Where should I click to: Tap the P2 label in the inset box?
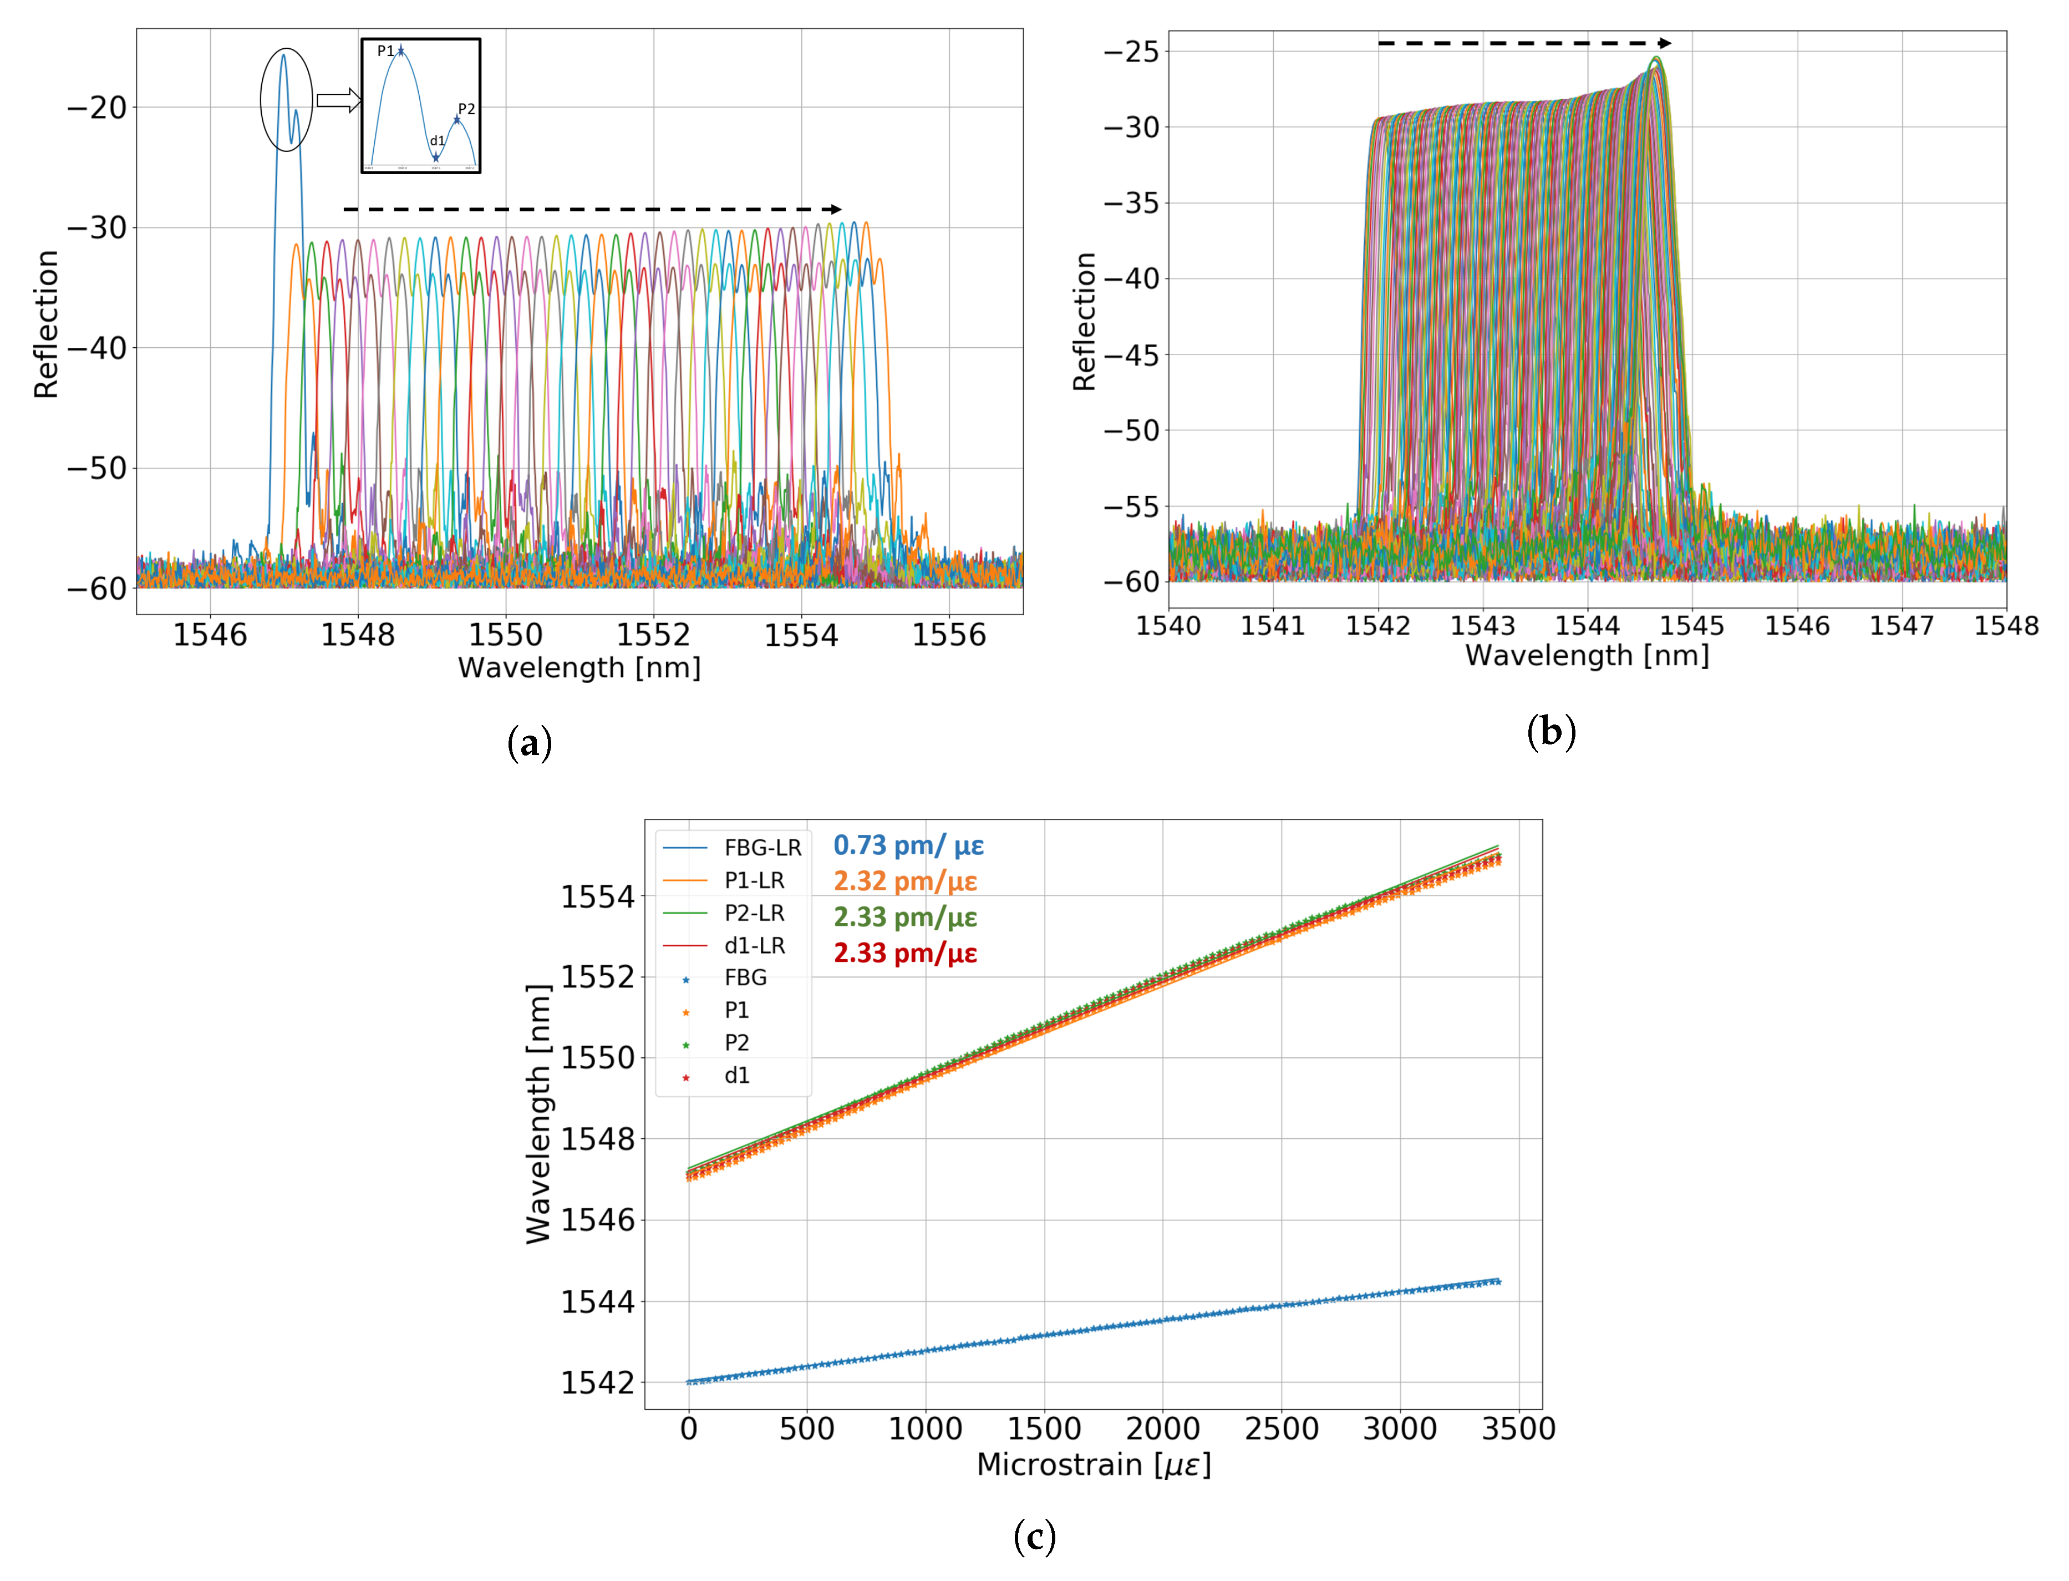point(466,109)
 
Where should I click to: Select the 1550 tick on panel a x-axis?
point(505,635)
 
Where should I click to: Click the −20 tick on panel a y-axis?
point(97,107)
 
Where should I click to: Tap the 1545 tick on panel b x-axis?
point(1691,626)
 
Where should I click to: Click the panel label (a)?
point(529,743)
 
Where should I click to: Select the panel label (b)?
point(1551,732)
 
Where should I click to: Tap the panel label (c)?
point(1034,1536)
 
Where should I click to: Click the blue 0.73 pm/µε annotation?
point(908,845)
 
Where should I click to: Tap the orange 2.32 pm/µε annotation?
point(905,881)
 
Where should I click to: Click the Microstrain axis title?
point(1094,1465)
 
